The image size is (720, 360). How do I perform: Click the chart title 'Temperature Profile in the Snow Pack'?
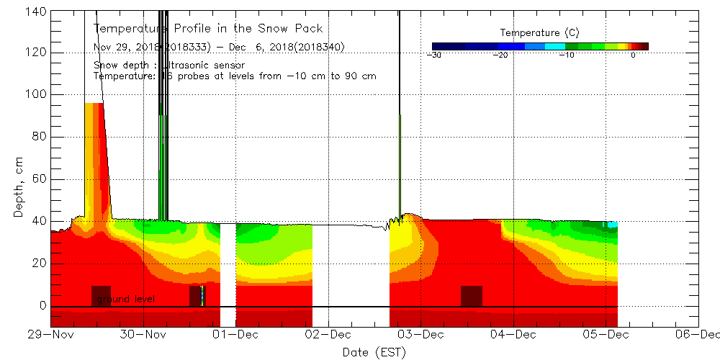click(x=208, y=29)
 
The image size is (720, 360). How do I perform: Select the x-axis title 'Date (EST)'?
click(x=374, y=352)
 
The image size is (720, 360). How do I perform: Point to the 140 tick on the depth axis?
click(x=36, y=11)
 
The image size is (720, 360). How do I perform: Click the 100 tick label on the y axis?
click(x=36, y=94)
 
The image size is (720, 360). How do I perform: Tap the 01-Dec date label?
click(x=236, y=335)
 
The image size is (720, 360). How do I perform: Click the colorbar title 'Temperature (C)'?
click(x=539, y=33)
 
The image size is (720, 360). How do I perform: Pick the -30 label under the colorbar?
click(x=433, y=55)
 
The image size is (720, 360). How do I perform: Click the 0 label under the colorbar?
click(x=632, y=55)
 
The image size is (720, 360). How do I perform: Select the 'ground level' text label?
click(x=125, y=299)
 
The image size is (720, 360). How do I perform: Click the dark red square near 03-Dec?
click(x=471, y=296)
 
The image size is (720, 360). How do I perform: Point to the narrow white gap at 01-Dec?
click(x=228, y=274)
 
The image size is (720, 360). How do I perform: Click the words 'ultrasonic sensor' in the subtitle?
click(x=204, y=66)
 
